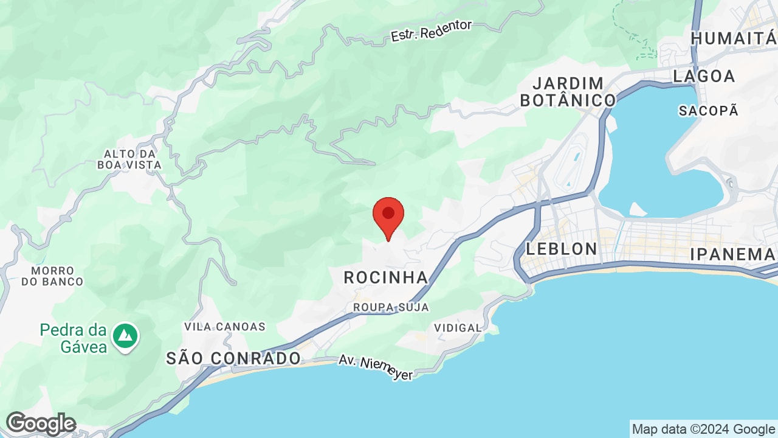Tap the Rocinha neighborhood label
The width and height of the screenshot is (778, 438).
[x=387, y=278]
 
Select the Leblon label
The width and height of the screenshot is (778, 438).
[x=562, y=249]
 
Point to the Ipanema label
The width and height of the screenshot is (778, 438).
[x=732, y=254]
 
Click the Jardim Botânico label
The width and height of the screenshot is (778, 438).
[x=568, y=92]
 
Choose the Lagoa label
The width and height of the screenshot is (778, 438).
[x=704, y=76]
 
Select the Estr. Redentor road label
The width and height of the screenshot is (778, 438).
[x=432, y=30]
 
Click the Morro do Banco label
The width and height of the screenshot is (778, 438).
[x=52, y=276]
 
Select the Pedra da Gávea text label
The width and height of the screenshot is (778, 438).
[x=74, y=338]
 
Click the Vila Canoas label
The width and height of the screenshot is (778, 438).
[x=225, y=327]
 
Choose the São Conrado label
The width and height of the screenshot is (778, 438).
[x=233, y=358]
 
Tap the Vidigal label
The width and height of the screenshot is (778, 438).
[x=458, y=328]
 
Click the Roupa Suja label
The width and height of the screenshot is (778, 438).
[x=391, y=307]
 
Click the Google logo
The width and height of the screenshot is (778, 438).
[x=41, y=423]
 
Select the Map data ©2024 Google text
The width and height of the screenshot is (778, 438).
[x=703, y=429]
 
